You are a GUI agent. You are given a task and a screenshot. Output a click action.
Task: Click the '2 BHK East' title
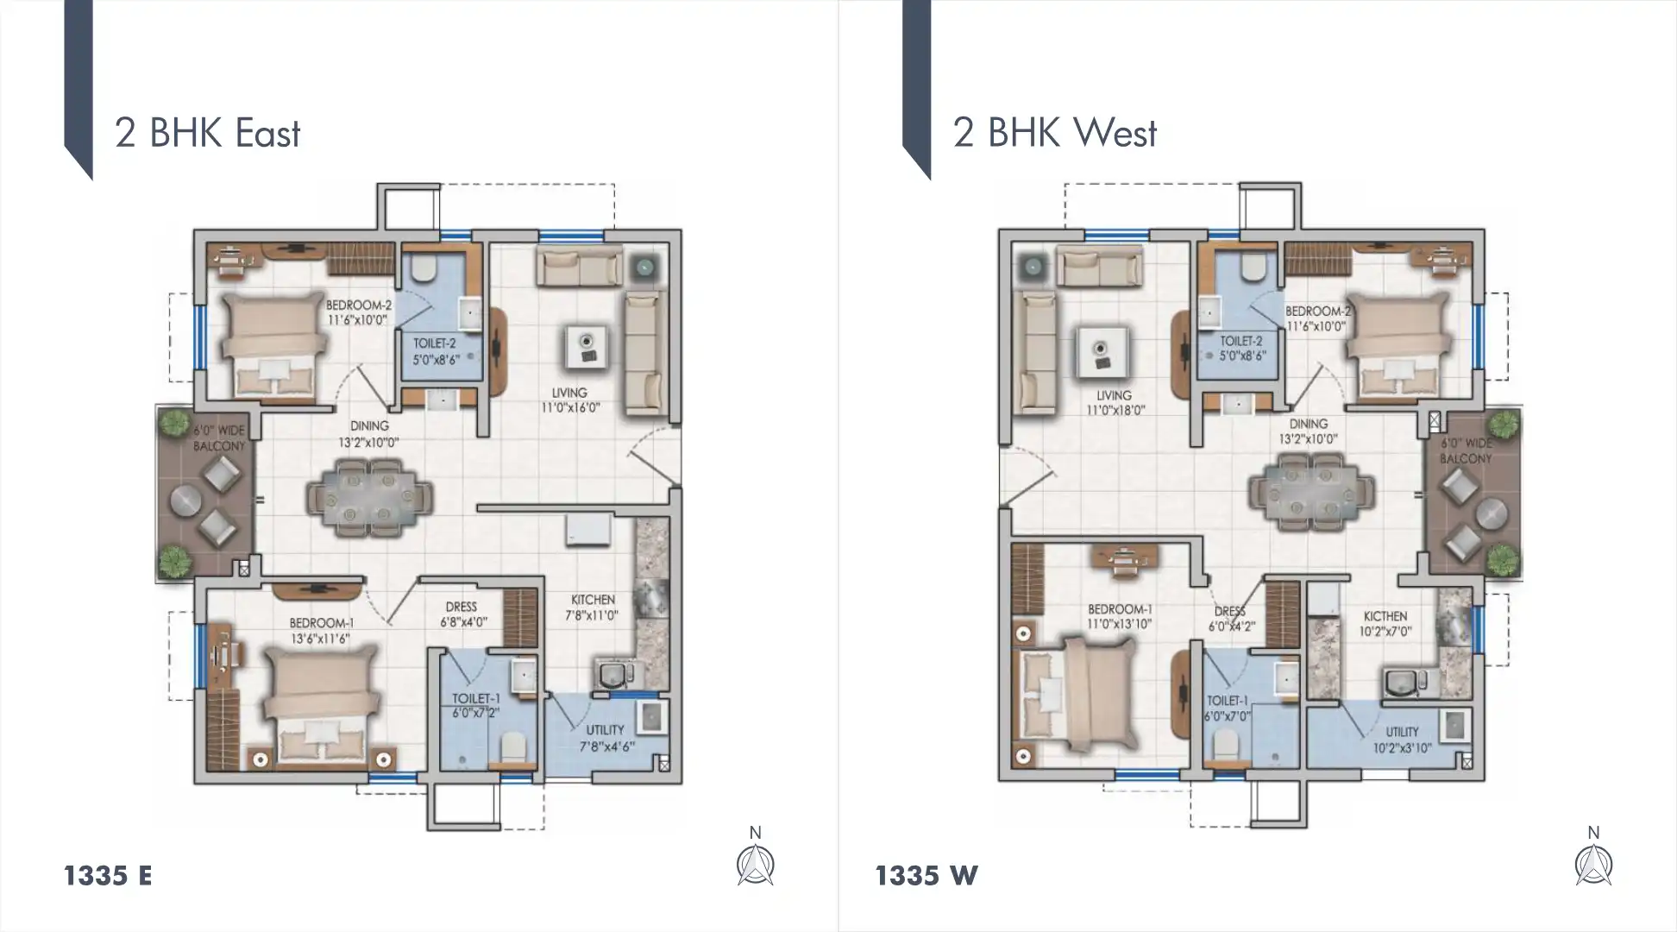(x=207, y=134)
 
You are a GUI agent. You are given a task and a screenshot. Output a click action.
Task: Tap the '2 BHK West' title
(x=1054, y=134)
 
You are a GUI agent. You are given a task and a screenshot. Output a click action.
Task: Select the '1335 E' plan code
(x=108, y=876)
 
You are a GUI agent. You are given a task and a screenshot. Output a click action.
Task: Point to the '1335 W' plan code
(x=926, y=876)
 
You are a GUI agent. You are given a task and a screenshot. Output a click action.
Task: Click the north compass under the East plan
(x=756, y=864)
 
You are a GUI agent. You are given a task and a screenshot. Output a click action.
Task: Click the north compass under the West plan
(x=1593, y=864)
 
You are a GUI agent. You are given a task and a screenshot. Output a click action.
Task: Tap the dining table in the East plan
(x=369, y=498)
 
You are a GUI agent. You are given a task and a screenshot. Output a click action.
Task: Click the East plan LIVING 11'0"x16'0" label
(x=569, y=400)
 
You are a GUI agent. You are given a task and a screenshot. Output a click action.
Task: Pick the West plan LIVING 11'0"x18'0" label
(x=1114, y=403)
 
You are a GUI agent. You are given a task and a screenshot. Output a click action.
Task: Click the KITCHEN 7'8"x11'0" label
(x=593, y=608)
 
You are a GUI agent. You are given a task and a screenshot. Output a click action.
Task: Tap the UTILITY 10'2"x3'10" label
(x=1402, y=740)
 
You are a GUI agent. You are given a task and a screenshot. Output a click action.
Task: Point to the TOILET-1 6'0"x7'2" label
(x=476, y=706)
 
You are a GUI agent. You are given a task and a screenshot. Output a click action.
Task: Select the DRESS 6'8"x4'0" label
(x=462, y=614)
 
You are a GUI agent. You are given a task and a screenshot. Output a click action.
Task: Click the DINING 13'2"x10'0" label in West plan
(x=1308, y=431)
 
